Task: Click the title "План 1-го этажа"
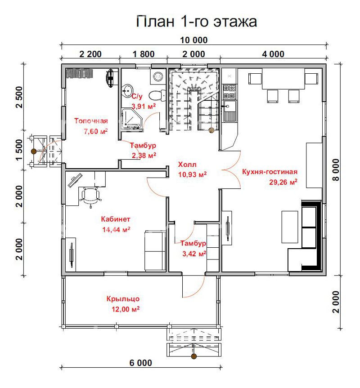[196, 21]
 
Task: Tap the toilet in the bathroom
[157, 95]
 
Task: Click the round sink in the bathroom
[127, 90]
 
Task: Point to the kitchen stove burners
[229, 92]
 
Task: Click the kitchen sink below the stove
[230, 111]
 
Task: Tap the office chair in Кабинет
[90, 196]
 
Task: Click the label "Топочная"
[91, 121]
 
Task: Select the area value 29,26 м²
[283, 182]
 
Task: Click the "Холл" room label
[187, 164]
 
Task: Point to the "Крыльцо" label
[123, 299]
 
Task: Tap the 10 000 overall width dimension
[193, 40]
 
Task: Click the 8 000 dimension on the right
[336, 170]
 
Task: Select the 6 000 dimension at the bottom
[141, 363]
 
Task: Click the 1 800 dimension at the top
[144, 54]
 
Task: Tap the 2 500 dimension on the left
[19, 97]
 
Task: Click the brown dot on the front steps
[194, 357]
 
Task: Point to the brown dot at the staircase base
[211, 130]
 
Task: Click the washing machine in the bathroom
[157, 76]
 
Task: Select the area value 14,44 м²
[117, 230]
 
